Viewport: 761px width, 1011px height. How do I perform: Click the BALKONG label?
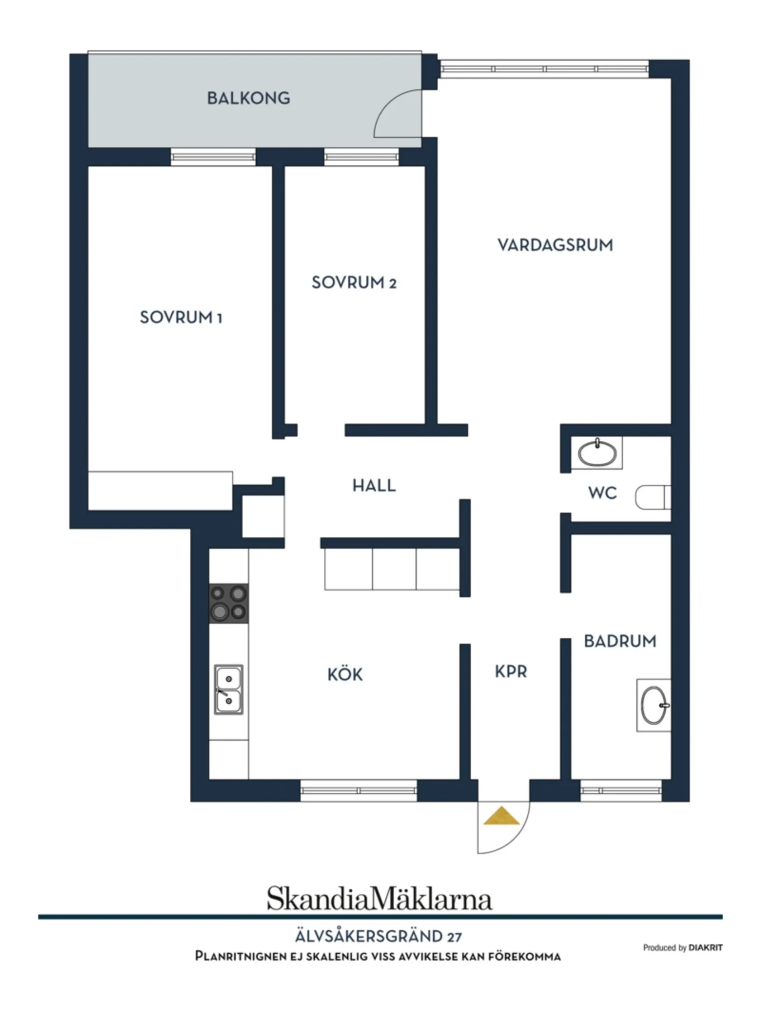pyautogui.click(x=248, y=98)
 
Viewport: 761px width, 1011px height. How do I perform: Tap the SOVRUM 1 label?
pyautogui.click(x=181, y=317)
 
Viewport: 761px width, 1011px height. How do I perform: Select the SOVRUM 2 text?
pyautogui.click(x=354, y=283)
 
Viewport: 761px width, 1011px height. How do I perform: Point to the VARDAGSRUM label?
pyautogui.click(x=555, y=245)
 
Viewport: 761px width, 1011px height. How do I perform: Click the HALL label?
pyautogui.click(x=374, y=486)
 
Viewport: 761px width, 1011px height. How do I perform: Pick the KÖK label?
pyautogui.click(x=345, y=674)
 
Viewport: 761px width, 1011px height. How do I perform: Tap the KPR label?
pyautogui.click(x=511, y=672)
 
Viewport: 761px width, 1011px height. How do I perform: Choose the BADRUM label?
pyautogui.click(x=620, y=641)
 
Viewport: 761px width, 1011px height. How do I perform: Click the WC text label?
pyautogui.click(x=602, y=493)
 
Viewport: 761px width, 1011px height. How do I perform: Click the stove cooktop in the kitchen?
pyautogui.click(x=229, y=604)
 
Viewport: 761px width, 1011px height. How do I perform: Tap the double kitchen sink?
pyautogui.click(x=229, y=690)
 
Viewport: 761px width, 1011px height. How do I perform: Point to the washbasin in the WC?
pyautogui.click(x=597, y=453)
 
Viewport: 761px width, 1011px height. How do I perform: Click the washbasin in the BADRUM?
pyautogui.click(x=654, y=705)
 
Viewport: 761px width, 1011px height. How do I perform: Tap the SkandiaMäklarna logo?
pyautogui.click(x=379, y=898)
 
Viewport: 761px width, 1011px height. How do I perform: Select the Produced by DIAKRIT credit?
pyautogui.click(x=683, y=948)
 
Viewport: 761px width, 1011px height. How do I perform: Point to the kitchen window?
pyautogui.click(x=359, y=791)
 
